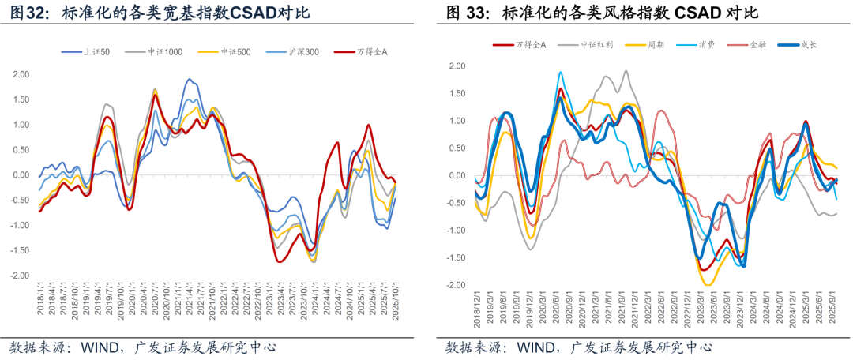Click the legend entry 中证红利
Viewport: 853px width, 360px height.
click(598, 45)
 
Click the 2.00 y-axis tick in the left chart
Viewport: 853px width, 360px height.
click(20, 74)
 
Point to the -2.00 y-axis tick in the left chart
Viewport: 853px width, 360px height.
click(18, 276)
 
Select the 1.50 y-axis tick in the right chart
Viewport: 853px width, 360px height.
click(457, 93)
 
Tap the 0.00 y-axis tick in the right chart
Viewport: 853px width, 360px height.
click(457, 175)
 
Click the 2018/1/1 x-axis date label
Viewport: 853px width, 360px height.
click(40, 304)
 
